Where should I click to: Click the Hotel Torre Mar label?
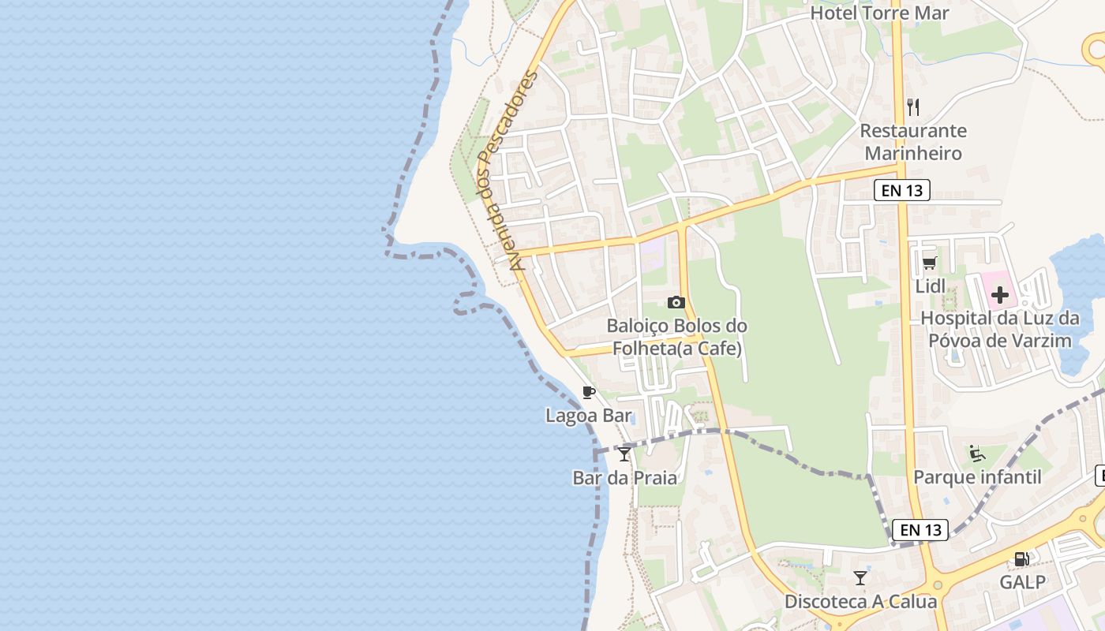click(x=879, y=13)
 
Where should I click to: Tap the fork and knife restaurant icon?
click(x=913, y=106)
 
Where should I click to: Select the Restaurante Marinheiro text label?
click(x=913, y=142)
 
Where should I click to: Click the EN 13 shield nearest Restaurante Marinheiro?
click(x=902, y=190)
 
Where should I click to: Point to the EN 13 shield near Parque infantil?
click(x=920, y=530)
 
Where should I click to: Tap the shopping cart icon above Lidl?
click(x=930, y=263)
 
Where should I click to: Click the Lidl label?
click(x=930, y=286)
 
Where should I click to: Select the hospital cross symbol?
click(x=1000, y=296)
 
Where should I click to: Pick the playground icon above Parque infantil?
click(x=977, y=454)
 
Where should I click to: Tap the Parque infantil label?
click(x=977, y=477)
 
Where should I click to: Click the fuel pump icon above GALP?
click(x=1021, y=559)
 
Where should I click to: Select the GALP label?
click(x=1022, y=583)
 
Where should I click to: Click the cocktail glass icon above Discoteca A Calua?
click(x=860, y=578)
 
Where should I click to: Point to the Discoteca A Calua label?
click(x=860, y=602)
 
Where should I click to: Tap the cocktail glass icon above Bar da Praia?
click(x=624, y=454)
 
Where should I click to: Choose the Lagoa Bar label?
click(x=588, y=415)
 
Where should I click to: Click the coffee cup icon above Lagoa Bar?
click(x=588, y=392)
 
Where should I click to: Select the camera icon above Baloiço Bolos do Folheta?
click(x=676, y=302)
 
